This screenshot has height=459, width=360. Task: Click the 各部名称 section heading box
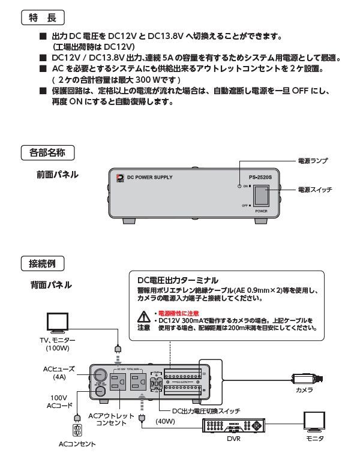click(x=47, y=152)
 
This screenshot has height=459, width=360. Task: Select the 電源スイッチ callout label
click(x=315, y=190)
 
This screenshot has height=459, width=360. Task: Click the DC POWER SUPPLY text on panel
click(x=149, y=178)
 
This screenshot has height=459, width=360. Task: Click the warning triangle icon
click(x=143, y=316)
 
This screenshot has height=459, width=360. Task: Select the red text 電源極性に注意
click(x=178, y=313)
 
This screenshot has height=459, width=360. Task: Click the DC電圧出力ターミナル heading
click(x=178, y=280)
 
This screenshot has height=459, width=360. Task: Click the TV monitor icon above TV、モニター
click(x=60, y=322)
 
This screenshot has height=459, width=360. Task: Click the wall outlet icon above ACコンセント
click(x=77, y=430)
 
